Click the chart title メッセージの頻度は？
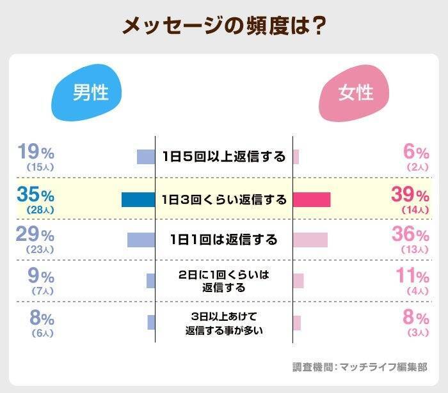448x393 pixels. (x=224, y=26)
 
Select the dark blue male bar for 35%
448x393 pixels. (x=138, y=199)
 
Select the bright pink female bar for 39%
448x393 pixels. (x=312, y=199)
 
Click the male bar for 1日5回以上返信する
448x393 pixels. (x=146, y=157)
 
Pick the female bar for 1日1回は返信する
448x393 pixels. (x=310, y=240)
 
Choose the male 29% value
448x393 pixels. (x=36, y=235)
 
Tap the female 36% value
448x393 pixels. (x=410, y=235)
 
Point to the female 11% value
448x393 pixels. (x=412, y=276)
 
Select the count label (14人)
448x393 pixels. (x=415, y=210)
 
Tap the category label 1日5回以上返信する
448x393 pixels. (x=224, y=157)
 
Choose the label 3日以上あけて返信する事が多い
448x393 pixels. (x=224, y=323)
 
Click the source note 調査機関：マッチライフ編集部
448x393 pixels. (x=360, y=367)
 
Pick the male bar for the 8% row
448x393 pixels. (x=151, y=322)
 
